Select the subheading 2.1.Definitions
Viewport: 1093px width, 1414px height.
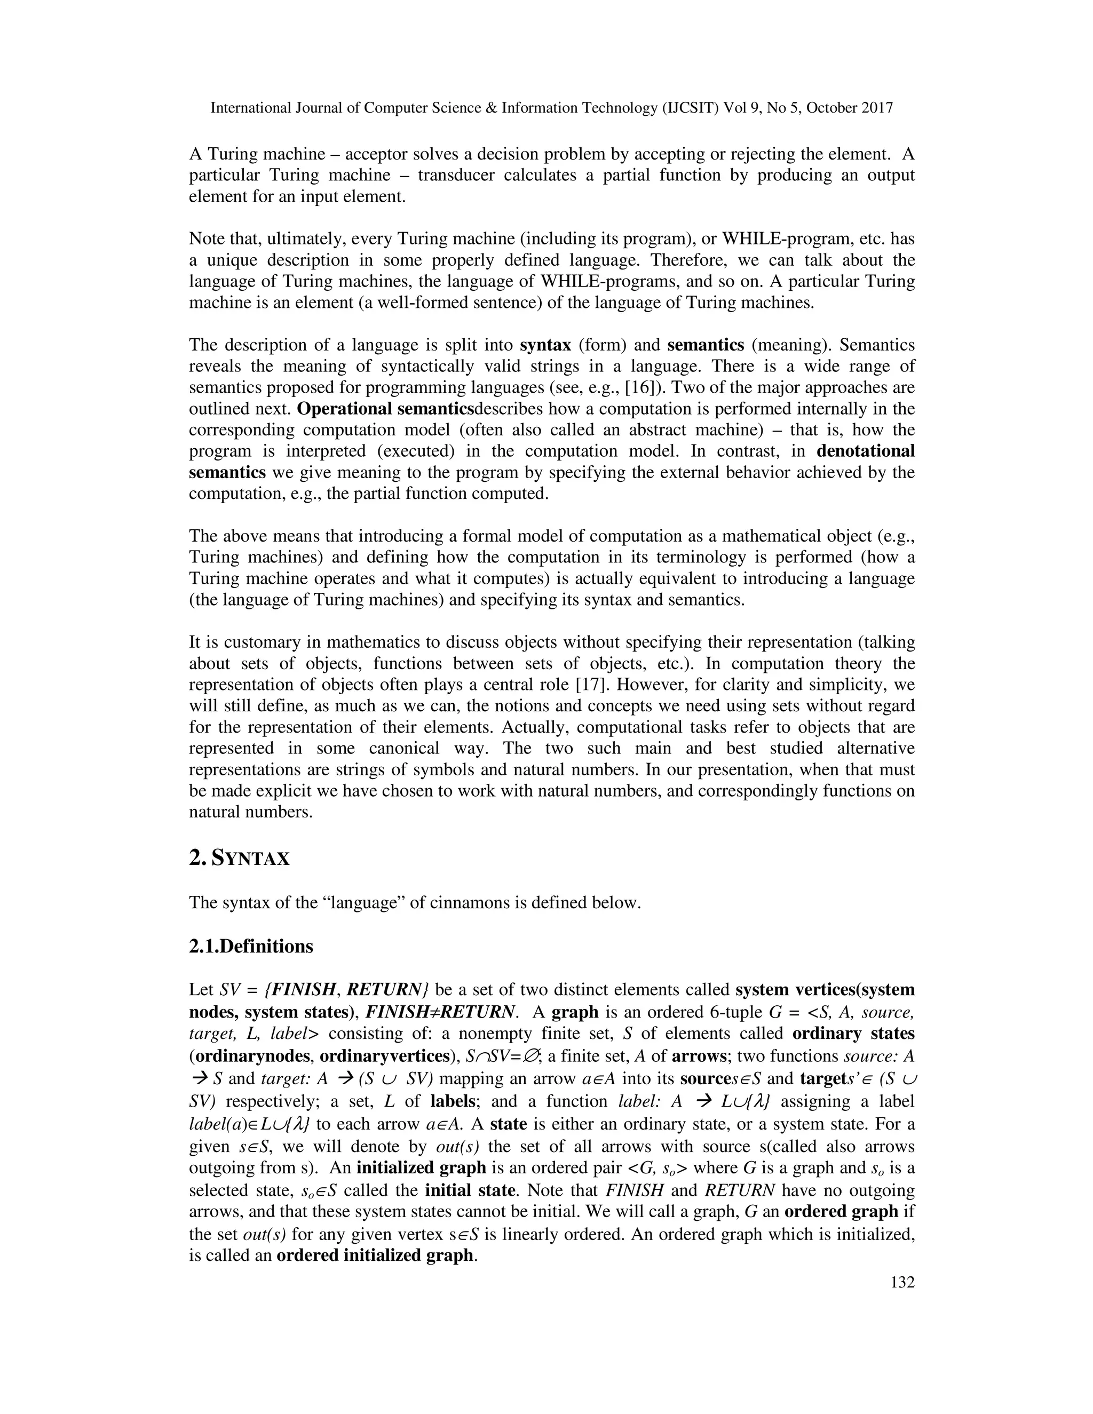251,947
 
